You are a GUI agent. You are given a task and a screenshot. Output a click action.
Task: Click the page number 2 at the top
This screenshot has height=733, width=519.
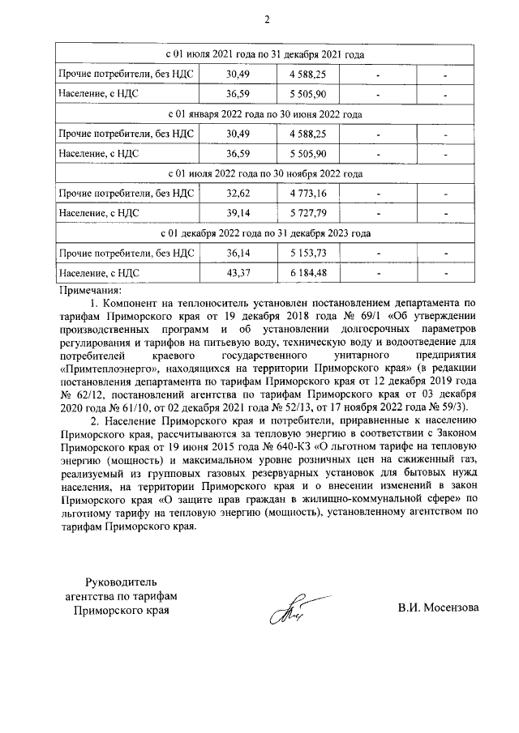click(265, 20)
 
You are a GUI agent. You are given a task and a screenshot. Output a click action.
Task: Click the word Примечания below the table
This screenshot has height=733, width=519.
click(90, 289)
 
